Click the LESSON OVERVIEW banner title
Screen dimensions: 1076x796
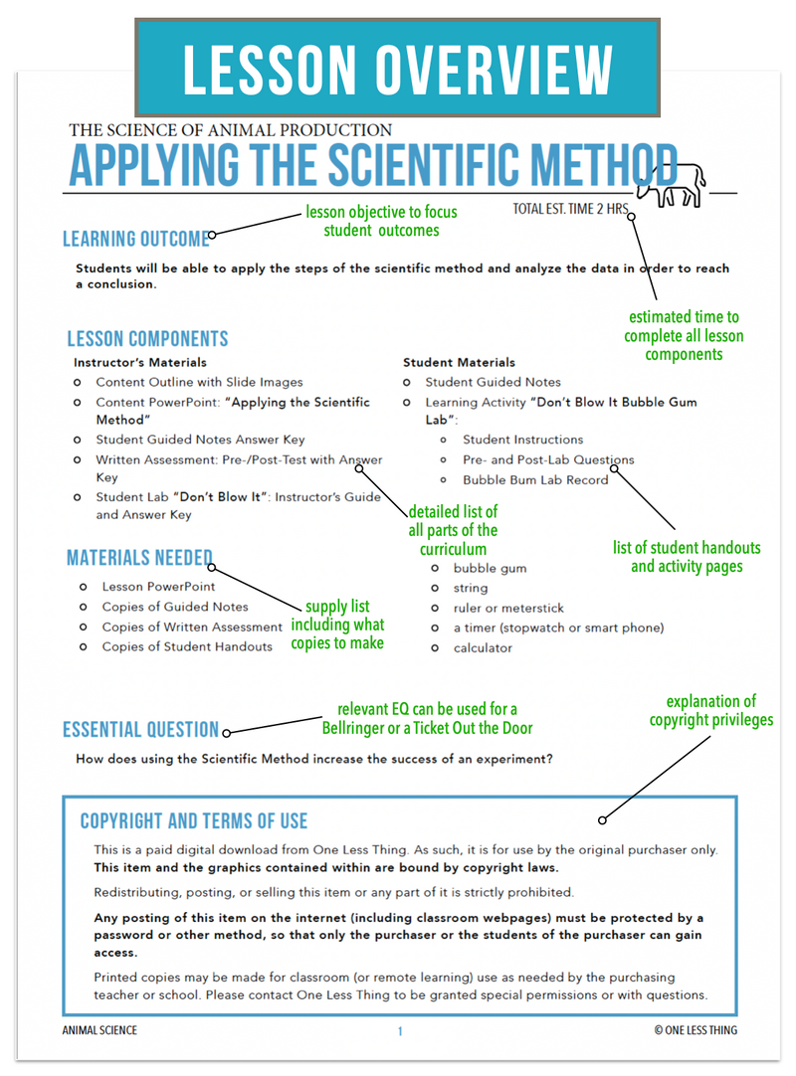tap(398, 69)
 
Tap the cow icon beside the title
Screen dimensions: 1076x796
tap(672, 184)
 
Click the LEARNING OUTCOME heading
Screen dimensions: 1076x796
tap(135, 239)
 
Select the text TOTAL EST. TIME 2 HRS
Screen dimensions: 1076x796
tap(571, 210)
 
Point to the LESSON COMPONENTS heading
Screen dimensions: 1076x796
tap(147, 338)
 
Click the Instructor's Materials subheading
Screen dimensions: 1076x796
tap(140, 362)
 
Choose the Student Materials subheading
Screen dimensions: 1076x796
tap(459, 362)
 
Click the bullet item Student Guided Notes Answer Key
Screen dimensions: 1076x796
tap(200, 440)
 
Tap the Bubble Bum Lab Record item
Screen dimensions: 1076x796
tap(535, 479)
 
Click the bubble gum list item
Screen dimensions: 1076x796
tap(490, 568)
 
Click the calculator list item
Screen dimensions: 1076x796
tap(483, 647)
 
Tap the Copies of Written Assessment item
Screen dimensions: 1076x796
tap(192, 627)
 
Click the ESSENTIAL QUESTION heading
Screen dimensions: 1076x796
tap(140, 729)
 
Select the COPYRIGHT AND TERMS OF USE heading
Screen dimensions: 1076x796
tap(194, 821)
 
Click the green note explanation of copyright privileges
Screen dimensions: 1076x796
tap(710, 710)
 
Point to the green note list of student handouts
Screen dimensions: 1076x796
tap(687, 557)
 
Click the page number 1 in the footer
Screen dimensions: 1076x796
tap(400, 1031)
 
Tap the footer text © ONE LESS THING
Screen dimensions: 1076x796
tap(696, 1030)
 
